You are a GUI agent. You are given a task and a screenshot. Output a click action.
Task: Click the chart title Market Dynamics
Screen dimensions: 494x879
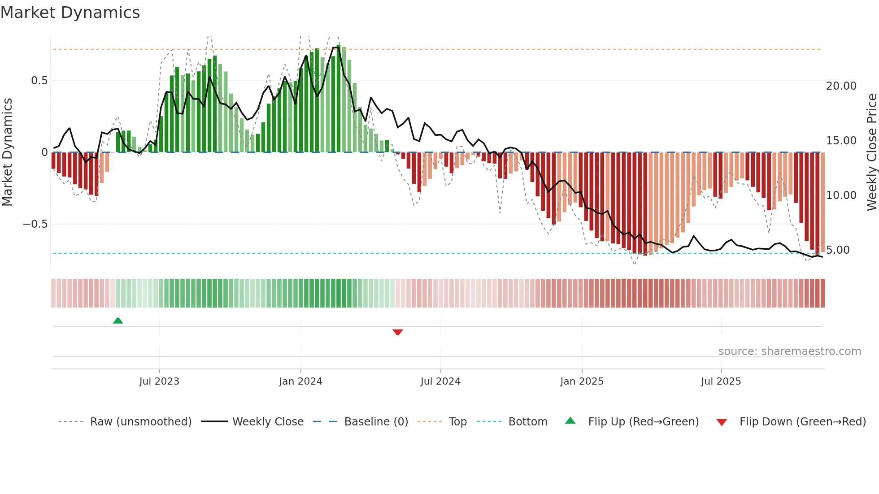tap(70, 13)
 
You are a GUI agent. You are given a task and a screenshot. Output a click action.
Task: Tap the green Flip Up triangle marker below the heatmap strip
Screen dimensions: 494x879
tap(118, 321)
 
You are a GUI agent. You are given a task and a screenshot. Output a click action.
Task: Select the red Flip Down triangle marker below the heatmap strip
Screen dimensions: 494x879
tap(398, 332)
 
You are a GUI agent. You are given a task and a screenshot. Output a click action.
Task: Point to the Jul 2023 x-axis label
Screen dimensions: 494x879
tap(159, 381)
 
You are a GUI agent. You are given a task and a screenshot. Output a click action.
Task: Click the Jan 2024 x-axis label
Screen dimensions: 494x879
tap(300, 381)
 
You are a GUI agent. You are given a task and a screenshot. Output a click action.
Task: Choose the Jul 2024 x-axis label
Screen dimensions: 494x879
tap(440, 381)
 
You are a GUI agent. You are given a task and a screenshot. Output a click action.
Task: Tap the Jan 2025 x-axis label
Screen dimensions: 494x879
tap(582, 381)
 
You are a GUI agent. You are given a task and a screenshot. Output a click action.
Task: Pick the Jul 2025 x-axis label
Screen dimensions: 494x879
tap(721, 381)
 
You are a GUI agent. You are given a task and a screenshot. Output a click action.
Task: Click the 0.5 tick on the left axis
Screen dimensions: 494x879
tap(39, 81)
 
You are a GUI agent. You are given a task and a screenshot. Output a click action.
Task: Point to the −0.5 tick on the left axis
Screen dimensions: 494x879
tap(35, 224)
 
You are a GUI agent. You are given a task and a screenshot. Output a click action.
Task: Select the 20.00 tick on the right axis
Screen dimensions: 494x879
tap(841, 86)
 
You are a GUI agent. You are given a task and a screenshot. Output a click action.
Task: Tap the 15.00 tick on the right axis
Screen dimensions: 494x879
tap(841, 141)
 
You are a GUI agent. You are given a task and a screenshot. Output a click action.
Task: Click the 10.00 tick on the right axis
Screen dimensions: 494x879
tap(841, 195)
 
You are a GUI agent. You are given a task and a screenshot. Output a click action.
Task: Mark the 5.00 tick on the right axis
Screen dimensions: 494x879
tap(838, 250)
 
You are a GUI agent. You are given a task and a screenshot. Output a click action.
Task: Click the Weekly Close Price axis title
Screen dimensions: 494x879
tap(871, 152)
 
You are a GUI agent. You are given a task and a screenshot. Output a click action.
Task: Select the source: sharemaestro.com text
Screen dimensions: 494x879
tap(790, 351)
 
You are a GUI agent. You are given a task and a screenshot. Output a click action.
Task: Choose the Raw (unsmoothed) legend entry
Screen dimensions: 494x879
tap(140, 422)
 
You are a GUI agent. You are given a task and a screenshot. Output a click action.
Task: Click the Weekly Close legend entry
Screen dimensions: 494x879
tap(268, 422)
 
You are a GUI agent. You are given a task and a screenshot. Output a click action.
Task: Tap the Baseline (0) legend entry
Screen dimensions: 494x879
tap(376, 422)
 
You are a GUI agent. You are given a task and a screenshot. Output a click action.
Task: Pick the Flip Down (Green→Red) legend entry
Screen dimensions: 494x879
tap(802, 422)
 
